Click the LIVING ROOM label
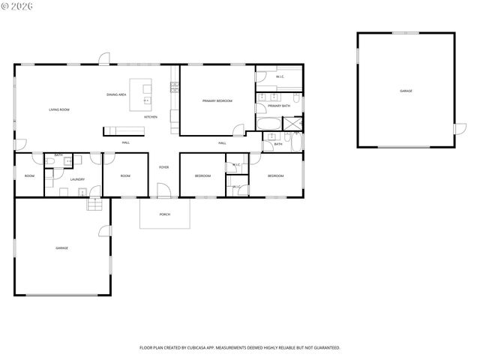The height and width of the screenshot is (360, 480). point(59,110)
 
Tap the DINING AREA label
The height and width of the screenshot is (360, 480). point(116,94)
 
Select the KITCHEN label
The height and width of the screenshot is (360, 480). point(151,117)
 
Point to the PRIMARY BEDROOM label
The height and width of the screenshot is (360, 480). point(217,100)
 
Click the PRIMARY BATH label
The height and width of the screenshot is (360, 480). point(279,106)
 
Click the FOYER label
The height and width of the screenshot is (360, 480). point(163,167)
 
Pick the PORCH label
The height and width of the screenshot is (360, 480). point(164,214)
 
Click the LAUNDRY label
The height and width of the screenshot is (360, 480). point(77,179)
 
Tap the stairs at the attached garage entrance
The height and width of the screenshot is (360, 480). point(94,205)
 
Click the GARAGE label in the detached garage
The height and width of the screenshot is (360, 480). point(406,91)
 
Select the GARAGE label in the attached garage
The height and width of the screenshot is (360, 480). point(61,247)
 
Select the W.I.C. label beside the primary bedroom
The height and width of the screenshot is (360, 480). point(280,76)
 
